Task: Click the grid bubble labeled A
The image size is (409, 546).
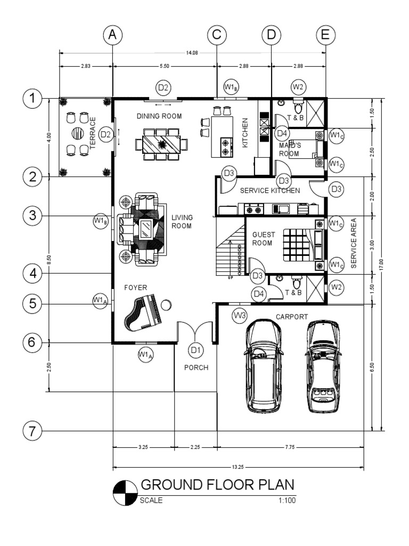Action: [112, 35]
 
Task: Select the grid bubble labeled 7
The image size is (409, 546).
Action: [32, 430]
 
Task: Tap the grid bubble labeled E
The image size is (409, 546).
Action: [325, 35]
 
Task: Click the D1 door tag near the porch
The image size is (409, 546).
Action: [196, 350]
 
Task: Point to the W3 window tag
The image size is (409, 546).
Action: [240, 316]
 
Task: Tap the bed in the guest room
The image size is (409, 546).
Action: [300, 243]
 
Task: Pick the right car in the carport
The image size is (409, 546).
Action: [323, 366]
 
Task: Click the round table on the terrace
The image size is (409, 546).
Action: [78, 133]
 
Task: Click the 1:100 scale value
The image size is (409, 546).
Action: [286, 501]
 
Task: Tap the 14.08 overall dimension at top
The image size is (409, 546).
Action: [192, 52]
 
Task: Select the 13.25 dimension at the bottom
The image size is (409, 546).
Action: [238, 467]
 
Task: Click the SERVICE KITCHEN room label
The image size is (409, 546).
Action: [271, 190]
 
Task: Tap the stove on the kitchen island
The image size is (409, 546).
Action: [226, 147]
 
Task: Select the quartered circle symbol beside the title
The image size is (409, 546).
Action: [125, 491]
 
